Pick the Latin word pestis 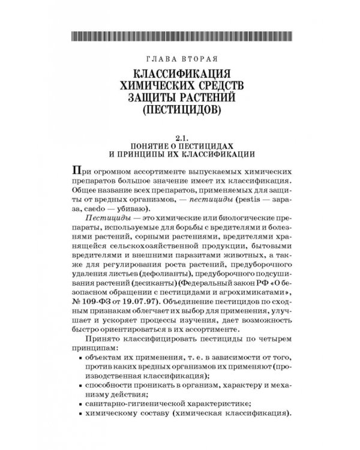[251, 193]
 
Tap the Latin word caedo [96, 205]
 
